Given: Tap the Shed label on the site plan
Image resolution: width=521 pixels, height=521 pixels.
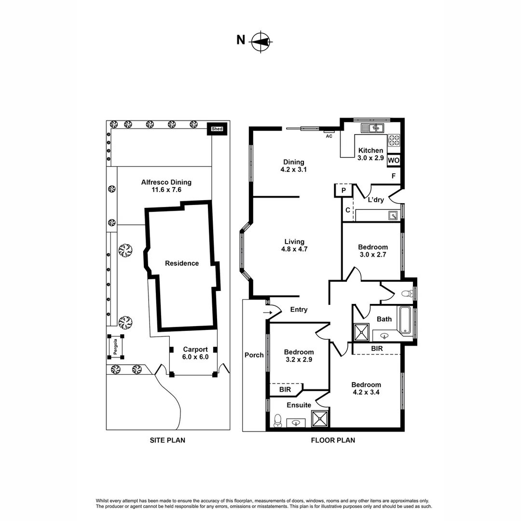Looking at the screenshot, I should pos(217,129).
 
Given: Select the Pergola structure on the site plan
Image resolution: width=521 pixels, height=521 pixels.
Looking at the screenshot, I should pos(116,346).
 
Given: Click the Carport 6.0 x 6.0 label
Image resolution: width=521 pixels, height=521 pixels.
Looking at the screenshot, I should pos(195,353).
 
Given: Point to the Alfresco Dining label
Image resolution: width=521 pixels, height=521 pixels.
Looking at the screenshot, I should pos(166,186).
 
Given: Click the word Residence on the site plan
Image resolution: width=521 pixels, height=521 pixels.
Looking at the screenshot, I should pos(182,263).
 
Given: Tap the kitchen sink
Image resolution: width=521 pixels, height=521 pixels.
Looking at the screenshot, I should pos(372,127).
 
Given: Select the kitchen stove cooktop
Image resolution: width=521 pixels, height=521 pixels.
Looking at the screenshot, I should pos(394,140).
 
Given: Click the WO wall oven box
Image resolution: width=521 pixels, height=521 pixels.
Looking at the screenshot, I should pos(394,160).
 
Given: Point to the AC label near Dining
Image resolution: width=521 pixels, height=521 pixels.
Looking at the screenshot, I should pos(329,136).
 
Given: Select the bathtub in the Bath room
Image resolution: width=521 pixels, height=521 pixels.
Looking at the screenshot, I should pos(405,320).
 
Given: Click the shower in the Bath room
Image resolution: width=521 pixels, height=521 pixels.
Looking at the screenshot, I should pos(361,332).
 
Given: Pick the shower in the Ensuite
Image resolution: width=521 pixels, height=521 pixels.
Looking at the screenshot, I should pos(320,418).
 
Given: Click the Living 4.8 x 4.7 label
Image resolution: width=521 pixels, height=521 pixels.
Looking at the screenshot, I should pos(294,246).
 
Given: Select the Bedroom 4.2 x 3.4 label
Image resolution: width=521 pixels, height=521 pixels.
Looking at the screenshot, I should pos(366,388).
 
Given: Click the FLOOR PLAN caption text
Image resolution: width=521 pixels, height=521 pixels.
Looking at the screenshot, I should pos(333,440).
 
